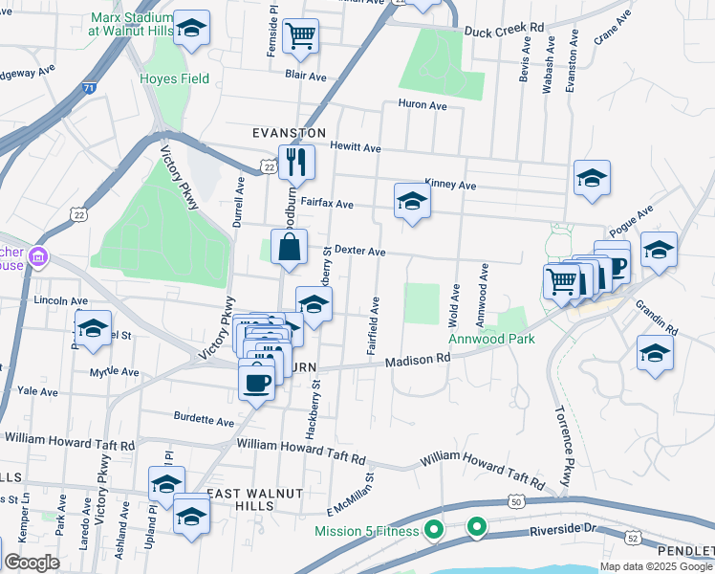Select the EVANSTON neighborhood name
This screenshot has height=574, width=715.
290,133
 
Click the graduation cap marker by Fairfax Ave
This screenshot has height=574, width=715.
412,200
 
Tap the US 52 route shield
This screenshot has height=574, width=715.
632,539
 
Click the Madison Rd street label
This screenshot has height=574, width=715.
417,361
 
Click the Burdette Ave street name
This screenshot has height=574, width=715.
204,420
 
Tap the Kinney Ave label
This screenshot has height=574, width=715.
450,185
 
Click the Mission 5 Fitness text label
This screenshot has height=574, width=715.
368,531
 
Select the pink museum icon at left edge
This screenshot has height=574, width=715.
38,256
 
